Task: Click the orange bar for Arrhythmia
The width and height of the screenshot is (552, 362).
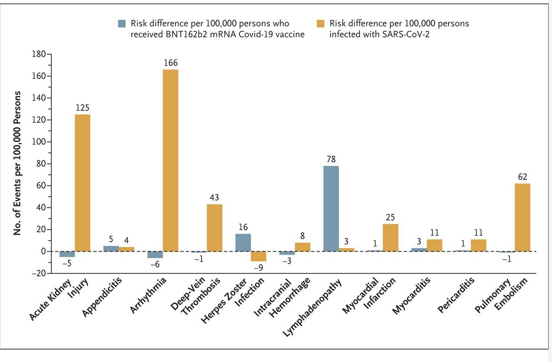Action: [170, 160]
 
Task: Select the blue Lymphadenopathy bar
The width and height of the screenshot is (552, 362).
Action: [330, 208]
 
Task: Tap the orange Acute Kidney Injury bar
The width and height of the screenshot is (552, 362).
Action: [82, 183]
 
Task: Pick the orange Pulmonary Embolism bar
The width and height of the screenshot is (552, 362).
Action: [522, 217]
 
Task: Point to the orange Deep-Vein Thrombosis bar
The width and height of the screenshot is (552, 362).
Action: [214, 227]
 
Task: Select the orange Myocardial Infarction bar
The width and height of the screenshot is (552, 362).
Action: [390, 237]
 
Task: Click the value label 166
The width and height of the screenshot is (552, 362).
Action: [171, 63]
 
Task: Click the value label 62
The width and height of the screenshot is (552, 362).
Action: [522, 177]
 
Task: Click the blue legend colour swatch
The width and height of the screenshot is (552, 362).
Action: [122, 23]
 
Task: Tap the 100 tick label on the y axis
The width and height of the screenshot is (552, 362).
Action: [37, 142]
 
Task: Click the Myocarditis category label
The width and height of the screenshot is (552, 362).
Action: [412, 297]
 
